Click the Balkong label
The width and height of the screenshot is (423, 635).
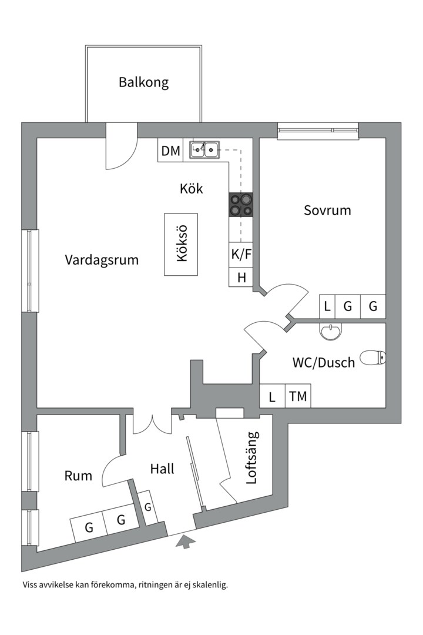coord(143,82)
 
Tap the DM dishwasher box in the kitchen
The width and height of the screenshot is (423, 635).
coord(170,151)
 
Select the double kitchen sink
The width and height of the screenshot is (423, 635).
coord(204,151)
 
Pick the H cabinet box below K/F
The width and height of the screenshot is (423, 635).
coord(240,278)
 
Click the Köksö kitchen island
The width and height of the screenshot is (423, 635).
coord(180,245)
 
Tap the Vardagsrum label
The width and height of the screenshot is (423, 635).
coord(102,259)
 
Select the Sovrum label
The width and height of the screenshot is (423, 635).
coord(327,210)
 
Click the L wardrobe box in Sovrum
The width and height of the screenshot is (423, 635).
coord(327,306)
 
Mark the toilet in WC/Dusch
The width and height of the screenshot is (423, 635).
coord(372,357)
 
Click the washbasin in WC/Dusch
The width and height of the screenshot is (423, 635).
coord(331,332)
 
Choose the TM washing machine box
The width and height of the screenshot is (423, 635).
coord(298,396)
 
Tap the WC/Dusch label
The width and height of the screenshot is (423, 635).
coord(323,362)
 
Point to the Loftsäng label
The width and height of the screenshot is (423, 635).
coord(252,457)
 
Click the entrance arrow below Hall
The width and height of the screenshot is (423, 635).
coord(183,542)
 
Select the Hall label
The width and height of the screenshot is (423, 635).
coord(162,469)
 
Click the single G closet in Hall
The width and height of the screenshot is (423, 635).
coord(149,507)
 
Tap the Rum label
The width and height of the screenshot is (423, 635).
coord(78,476)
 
